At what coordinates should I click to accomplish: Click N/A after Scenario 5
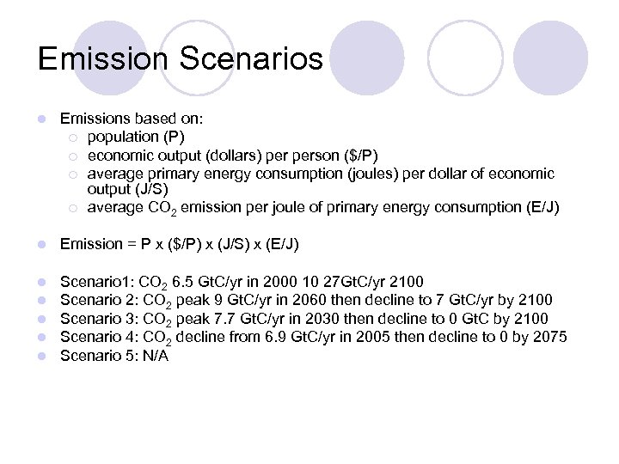click(x=155, y=355)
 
